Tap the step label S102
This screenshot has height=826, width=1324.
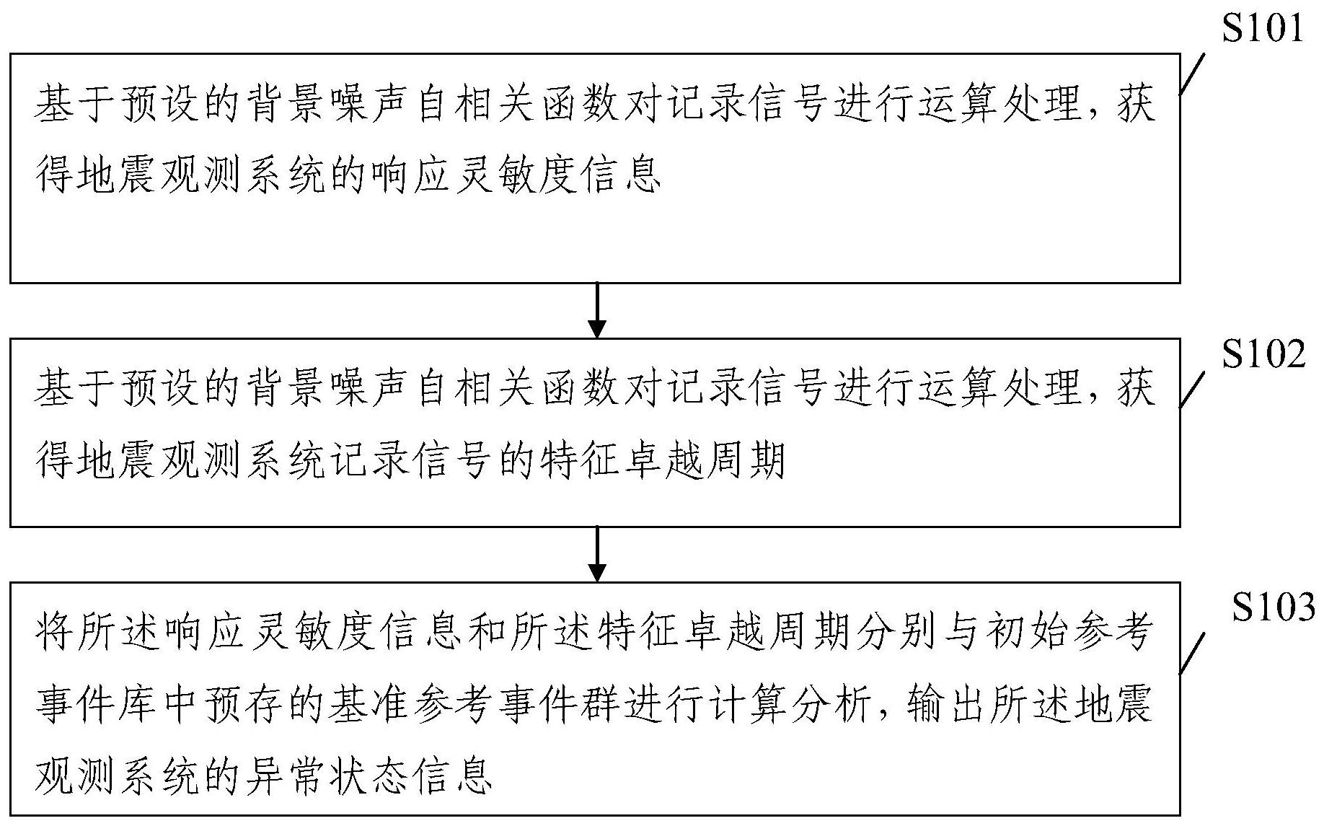coord(1263,356)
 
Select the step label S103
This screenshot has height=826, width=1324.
coord(1273,608)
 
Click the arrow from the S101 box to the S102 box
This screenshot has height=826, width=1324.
coord(597,310)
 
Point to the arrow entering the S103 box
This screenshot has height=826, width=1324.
coord(597,554)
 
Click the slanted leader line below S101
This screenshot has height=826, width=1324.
coord(1193,75)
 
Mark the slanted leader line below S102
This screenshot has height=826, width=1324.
coord(1193,390)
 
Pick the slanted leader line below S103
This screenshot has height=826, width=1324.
coord(1193,653)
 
